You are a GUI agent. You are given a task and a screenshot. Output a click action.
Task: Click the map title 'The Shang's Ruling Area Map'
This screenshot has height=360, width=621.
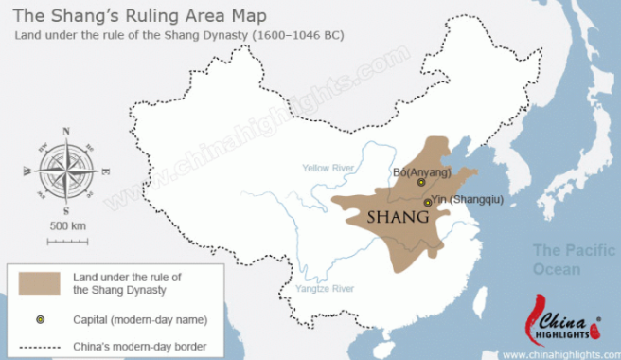[139, 16]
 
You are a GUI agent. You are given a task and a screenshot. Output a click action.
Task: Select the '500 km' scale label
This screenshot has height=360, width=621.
[67, 226]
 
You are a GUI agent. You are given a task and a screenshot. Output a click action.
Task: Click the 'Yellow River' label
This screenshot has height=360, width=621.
[328, 168]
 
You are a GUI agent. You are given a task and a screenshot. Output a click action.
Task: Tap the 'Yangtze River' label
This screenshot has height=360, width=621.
[324, 288]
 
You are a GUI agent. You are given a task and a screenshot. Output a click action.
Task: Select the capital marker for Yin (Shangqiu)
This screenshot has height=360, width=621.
[428, 202]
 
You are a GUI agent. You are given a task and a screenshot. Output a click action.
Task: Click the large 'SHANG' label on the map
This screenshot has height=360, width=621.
[393, 220]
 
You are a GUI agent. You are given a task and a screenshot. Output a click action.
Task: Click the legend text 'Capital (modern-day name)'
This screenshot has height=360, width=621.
[139, 319]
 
